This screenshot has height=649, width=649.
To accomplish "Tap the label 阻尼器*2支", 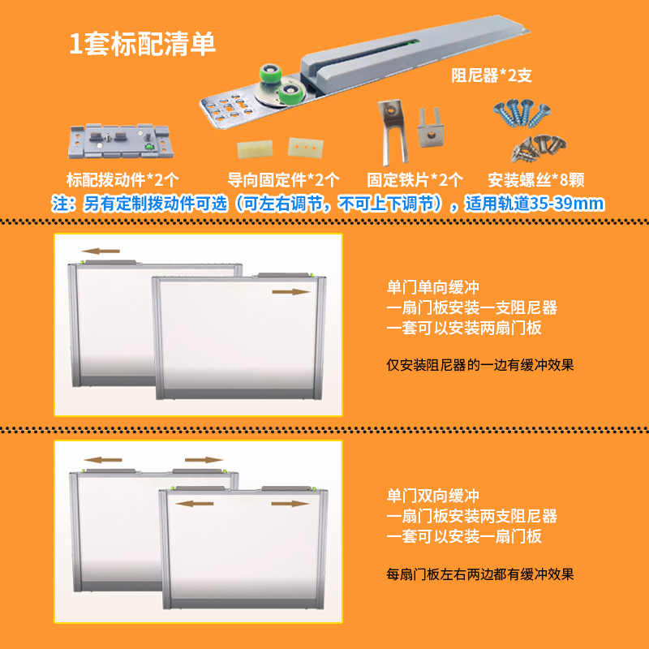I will [491, 76].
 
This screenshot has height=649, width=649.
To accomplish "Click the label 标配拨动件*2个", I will [122, 179].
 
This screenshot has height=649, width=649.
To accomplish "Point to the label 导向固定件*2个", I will [283, 179].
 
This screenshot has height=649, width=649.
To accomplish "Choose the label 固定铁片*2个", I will [415, 179].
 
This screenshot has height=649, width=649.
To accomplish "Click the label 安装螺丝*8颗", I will [538, 179].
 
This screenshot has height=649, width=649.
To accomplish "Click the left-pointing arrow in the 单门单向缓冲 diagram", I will [101, 251].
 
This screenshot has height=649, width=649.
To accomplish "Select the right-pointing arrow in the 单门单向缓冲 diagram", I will [290, 290].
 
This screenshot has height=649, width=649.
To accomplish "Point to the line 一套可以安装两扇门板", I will [464, 329].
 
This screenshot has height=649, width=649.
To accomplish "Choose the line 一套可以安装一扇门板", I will [464, 537].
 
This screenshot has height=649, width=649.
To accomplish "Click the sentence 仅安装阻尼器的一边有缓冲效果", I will [480, 365].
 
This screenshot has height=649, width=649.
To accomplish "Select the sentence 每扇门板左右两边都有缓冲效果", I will [480, 574].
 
